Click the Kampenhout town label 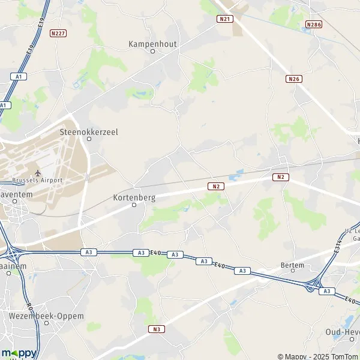pos(152,44)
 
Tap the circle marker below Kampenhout pos(152,52)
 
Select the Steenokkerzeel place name pos(89,131)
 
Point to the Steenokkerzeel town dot pos(89,139)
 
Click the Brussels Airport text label pos(38,180)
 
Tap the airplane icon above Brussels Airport pos(37,172)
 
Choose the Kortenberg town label pos(134,197)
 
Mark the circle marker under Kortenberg pos(134,205)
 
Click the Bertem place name pos(293,264)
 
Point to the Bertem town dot pos(293,271)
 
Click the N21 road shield pos(224,19)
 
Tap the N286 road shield pos(313,24)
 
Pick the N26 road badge pos(293,79)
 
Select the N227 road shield pos(58,34)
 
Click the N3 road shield pos(157,329)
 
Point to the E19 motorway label pos(41,26)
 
